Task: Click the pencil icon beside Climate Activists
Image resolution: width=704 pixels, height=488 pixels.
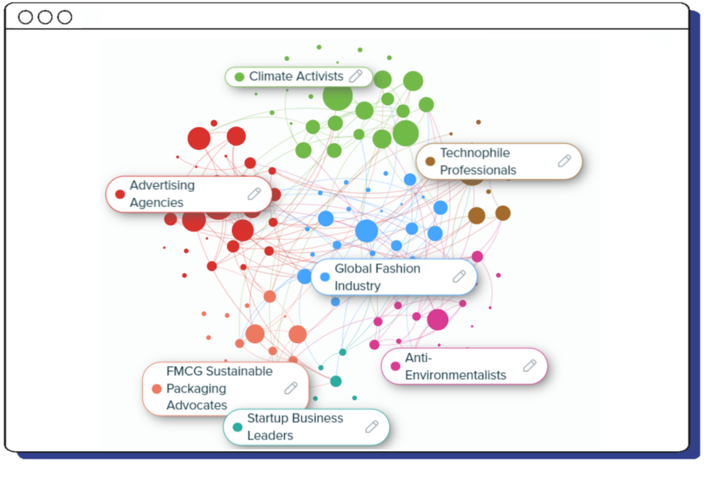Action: (x=356, y=76)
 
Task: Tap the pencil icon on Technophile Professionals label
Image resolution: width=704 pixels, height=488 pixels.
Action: (x=564, y=161)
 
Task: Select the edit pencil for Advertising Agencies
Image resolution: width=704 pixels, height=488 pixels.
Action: (x=254, y=194)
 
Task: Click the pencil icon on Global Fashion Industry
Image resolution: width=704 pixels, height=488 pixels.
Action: (x=459, y=277)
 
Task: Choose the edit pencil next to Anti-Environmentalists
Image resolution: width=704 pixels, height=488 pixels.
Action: (x=529, y=366)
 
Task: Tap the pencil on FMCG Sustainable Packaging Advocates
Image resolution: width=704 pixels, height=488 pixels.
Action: (x=291, y=388)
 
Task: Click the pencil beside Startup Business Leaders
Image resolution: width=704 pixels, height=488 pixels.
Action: (x=372, y=427)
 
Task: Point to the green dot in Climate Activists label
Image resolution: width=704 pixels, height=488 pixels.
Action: (x=239, y=76)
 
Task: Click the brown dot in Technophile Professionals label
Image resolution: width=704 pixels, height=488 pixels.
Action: (x=430, y=161)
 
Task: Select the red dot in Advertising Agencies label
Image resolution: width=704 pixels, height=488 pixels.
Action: (x=120, y=194)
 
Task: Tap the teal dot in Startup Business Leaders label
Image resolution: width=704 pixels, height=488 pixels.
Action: (x=237, y=427)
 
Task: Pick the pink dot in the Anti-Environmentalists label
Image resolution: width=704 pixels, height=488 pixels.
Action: (x=395, y=366)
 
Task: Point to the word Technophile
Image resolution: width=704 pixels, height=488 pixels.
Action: (x=475, y=153)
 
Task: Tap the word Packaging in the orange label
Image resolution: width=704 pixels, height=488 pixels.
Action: (x=196, y=388)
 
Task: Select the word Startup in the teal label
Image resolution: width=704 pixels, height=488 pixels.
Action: (x=268, y=418)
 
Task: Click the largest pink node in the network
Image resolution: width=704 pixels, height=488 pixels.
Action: (x=437, y=320)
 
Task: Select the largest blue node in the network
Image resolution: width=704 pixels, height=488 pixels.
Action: (x=366, y=231)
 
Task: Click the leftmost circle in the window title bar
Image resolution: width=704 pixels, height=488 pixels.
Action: (x=25, y=17)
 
